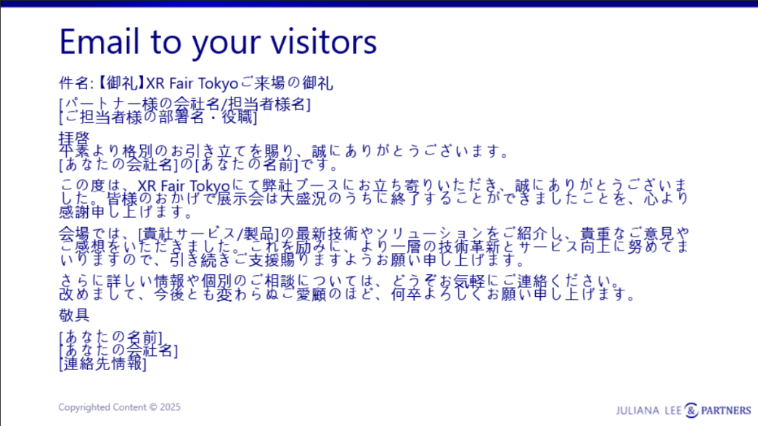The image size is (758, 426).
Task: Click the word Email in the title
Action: coord(99,41)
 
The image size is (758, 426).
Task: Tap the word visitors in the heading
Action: coord(323,41)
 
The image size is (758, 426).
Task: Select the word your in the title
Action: coord(227,44)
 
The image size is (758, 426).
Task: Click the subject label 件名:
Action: coord(76,83)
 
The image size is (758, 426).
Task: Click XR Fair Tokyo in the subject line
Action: coord(192,83)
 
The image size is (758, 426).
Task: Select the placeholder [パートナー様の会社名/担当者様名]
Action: coord(184,104)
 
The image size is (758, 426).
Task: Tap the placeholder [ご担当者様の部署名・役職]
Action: coord(158,117)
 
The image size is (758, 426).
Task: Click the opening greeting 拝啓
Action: coord(75,139)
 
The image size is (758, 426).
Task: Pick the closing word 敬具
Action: coord(75,316)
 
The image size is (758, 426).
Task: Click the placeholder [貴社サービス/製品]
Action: coord(209,234)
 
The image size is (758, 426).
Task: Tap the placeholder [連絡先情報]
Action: coord(102,364)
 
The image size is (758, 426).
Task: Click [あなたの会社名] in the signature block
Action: coord(118,351)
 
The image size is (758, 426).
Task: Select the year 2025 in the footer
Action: coord(170,407)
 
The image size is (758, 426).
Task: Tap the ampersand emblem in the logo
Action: coord(691,410)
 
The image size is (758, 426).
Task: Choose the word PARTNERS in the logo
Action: coord(726,411)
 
